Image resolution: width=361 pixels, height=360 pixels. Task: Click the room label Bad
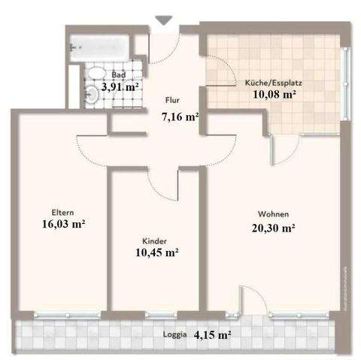pos(118,75)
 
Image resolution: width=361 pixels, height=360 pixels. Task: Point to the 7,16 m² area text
pos(180,116)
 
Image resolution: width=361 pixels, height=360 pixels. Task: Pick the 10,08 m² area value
pos(275,95)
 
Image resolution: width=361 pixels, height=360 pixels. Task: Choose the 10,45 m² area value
pos(156,253)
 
